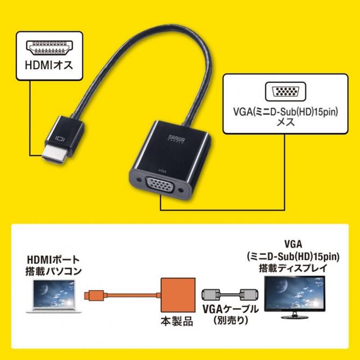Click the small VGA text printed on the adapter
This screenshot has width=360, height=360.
pos(161,171)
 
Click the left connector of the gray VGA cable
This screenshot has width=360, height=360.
pos(209,294)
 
